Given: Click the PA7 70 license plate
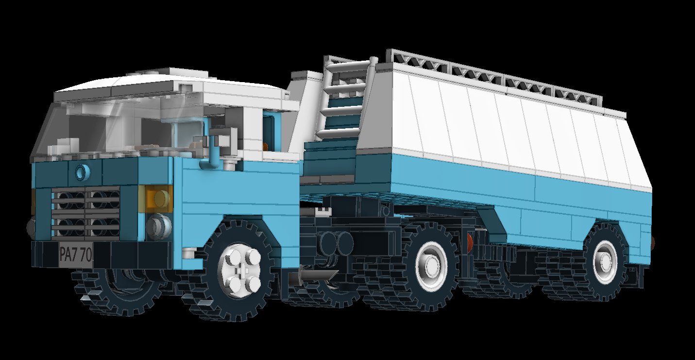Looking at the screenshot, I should pos(76,255).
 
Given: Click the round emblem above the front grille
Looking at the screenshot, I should pos(83,171).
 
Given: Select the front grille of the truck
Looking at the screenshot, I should pos(85,212).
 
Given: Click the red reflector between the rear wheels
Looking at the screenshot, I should pos(470,239).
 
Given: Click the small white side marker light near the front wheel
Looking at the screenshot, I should pos(188,253).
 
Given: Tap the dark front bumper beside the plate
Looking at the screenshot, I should pos(121,255).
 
